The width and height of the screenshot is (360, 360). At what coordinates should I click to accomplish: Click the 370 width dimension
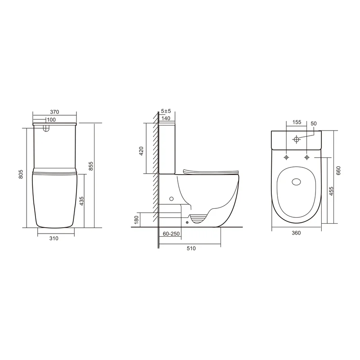[x=54, y=112]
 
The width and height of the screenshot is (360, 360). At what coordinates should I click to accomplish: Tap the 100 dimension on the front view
[x=51, y=120]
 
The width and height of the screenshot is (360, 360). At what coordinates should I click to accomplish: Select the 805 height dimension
[x=21, y=174]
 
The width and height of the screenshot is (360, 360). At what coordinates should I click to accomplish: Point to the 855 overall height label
[x=91, y=166]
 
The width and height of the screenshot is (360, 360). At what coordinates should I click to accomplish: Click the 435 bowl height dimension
[x=81, y=201]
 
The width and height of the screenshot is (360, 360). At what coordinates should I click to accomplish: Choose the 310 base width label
[x=54, y=238]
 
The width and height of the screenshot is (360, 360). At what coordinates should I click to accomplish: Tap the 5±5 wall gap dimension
[x=166, y=111]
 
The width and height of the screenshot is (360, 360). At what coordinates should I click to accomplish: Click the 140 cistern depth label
[x=166, y=118]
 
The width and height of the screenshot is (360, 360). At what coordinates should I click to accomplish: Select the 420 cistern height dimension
[x=141, y=151]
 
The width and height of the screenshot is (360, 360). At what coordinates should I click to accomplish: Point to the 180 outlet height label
[x=137, y=220]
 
